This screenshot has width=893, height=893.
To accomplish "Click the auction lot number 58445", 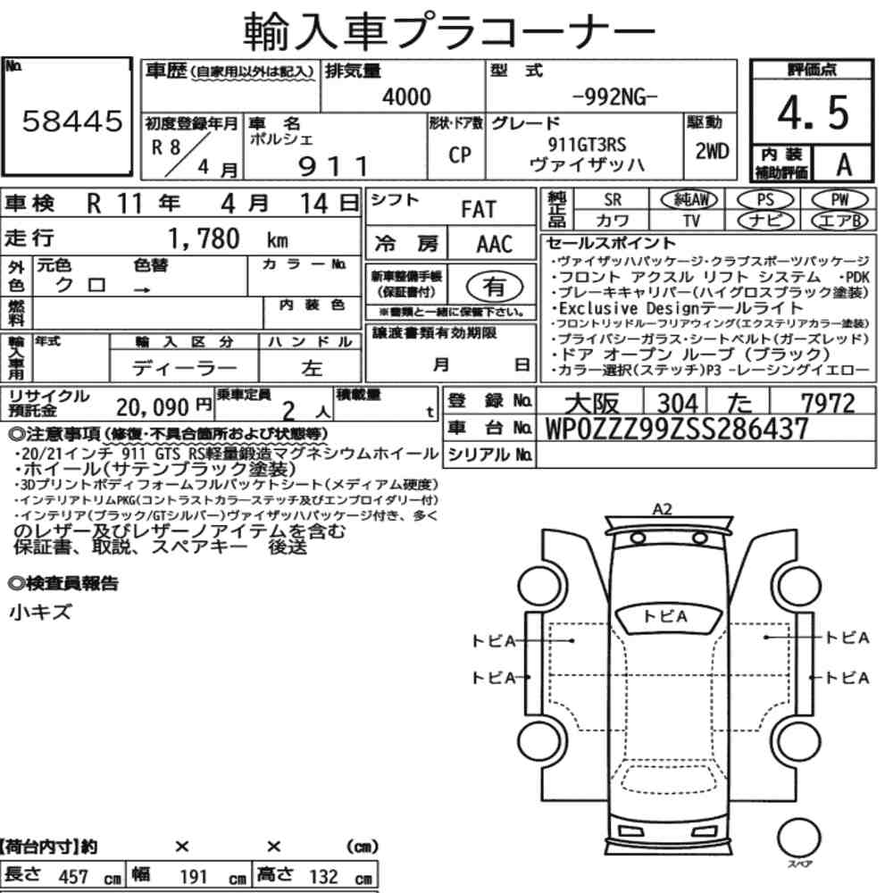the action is (72, 121).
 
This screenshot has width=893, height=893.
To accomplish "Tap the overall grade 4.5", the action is (813, 113).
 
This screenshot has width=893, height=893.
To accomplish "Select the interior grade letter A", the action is (844, 164).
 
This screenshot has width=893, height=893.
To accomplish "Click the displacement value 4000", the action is (406, 96).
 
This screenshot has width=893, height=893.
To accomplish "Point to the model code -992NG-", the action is (614, 97).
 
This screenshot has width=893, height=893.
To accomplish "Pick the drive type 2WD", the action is (712, 151).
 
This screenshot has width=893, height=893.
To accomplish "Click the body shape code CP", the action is (460, 154).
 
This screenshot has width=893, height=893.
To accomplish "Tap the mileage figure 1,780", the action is (204, 238).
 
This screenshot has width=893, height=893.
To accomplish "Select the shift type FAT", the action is (479, 210).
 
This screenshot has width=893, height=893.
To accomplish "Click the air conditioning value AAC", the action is (495, 245).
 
